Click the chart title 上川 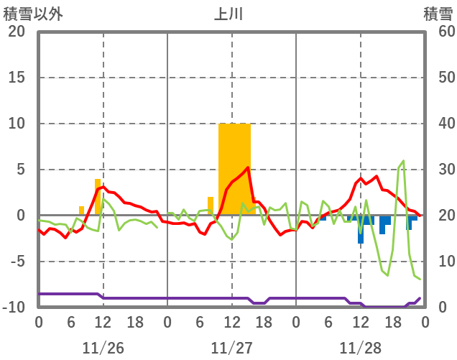[x=228, y=14]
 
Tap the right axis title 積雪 [x=437, y=14]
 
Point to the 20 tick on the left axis [x=17, y=32]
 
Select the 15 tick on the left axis [x=17, y=78]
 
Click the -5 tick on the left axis [x=17, y=262]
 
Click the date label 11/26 [x=103, y=348]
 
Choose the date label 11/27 [x=232, y=348]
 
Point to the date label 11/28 [x=361, y=348]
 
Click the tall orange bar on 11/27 [x=235, y=169]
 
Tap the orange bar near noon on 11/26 [x=98, y=196]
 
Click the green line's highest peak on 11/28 [x=404, y=161]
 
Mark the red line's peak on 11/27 [x=248, y=168]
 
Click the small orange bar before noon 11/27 [x=211, y=206]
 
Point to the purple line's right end [x=420, y=298]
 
